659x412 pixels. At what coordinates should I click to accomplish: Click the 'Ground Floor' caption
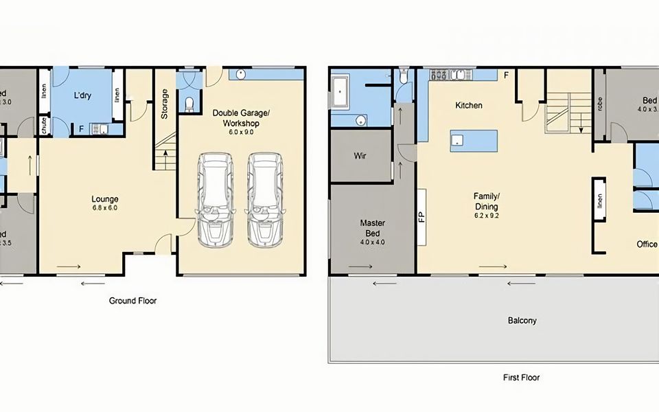click(x=133, y=301)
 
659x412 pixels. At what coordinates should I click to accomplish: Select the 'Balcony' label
click(x=522, y=321)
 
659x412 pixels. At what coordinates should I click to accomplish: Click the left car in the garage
click(x=216, y=200)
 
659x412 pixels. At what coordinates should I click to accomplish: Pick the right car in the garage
click(x=265, y=200)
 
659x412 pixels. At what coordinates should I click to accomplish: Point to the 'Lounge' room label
click(x=105, y=200)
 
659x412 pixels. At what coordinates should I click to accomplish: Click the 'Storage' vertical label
click(x=164, y=104)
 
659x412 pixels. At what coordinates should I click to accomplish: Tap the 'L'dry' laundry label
click(x=82, y=95)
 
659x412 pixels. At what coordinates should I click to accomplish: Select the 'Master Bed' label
click(x=373, y=228)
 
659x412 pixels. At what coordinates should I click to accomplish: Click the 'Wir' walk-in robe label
click(x=360, y=156)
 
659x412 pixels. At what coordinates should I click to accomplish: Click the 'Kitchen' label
click(x=469, y=106)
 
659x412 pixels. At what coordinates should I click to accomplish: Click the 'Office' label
click(x=646, y=244)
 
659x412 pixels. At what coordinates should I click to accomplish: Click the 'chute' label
click(x=44, y=125)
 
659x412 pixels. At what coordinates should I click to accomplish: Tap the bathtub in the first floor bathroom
click(x=342, y=93)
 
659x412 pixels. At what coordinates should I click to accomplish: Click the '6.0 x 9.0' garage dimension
click(x=241, y=132)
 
